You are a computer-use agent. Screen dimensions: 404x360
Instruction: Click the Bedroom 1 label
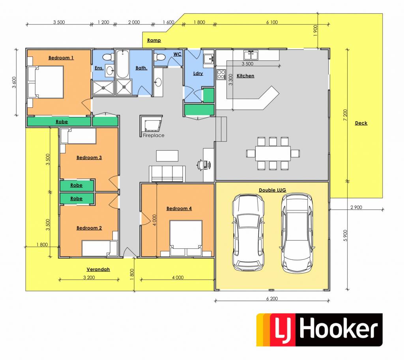tap(61, 58)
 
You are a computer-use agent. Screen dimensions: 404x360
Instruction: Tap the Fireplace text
tap(153, 135)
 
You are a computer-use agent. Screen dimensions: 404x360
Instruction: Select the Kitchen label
tap(245, 76)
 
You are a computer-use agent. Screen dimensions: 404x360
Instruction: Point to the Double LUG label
tap(272, 190)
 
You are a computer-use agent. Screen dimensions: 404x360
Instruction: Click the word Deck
tap(361, 123)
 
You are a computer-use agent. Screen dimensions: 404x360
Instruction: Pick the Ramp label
tap(154, 40)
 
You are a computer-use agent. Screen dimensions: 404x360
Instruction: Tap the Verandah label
tap(98, 269)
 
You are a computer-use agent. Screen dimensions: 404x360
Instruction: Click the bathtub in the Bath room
tap(123, 64)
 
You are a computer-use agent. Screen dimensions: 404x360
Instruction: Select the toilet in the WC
tap(159, 57)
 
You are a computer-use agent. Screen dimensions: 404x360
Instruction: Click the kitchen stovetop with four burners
tap(221, 75)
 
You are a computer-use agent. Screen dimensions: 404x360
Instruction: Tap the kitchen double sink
tap(251, 55)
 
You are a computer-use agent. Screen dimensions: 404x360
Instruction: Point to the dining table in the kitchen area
tap(273, 154)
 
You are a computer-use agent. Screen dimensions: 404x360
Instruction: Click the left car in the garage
tap(249, 232)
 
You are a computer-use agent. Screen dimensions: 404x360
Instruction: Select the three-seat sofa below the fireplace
tap(167, 174)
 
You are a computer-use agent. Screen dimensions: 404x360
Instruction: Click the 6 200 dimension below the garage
tap(272, 299)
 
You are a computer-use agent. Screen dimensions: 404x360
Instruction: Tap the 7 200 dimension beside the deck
tap(345, 115)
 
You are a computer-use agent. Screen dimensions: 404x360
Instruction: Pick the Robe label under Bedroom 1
tap(62, 122)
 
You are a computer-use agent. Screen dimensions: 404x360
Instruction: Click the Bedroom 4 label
tap(179, 208)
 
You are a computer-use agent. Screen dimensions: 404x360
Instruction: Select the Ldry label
tap(198, 73)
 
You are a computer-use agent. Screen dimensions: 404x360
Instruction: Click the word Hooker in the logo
tap(339, 329)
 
